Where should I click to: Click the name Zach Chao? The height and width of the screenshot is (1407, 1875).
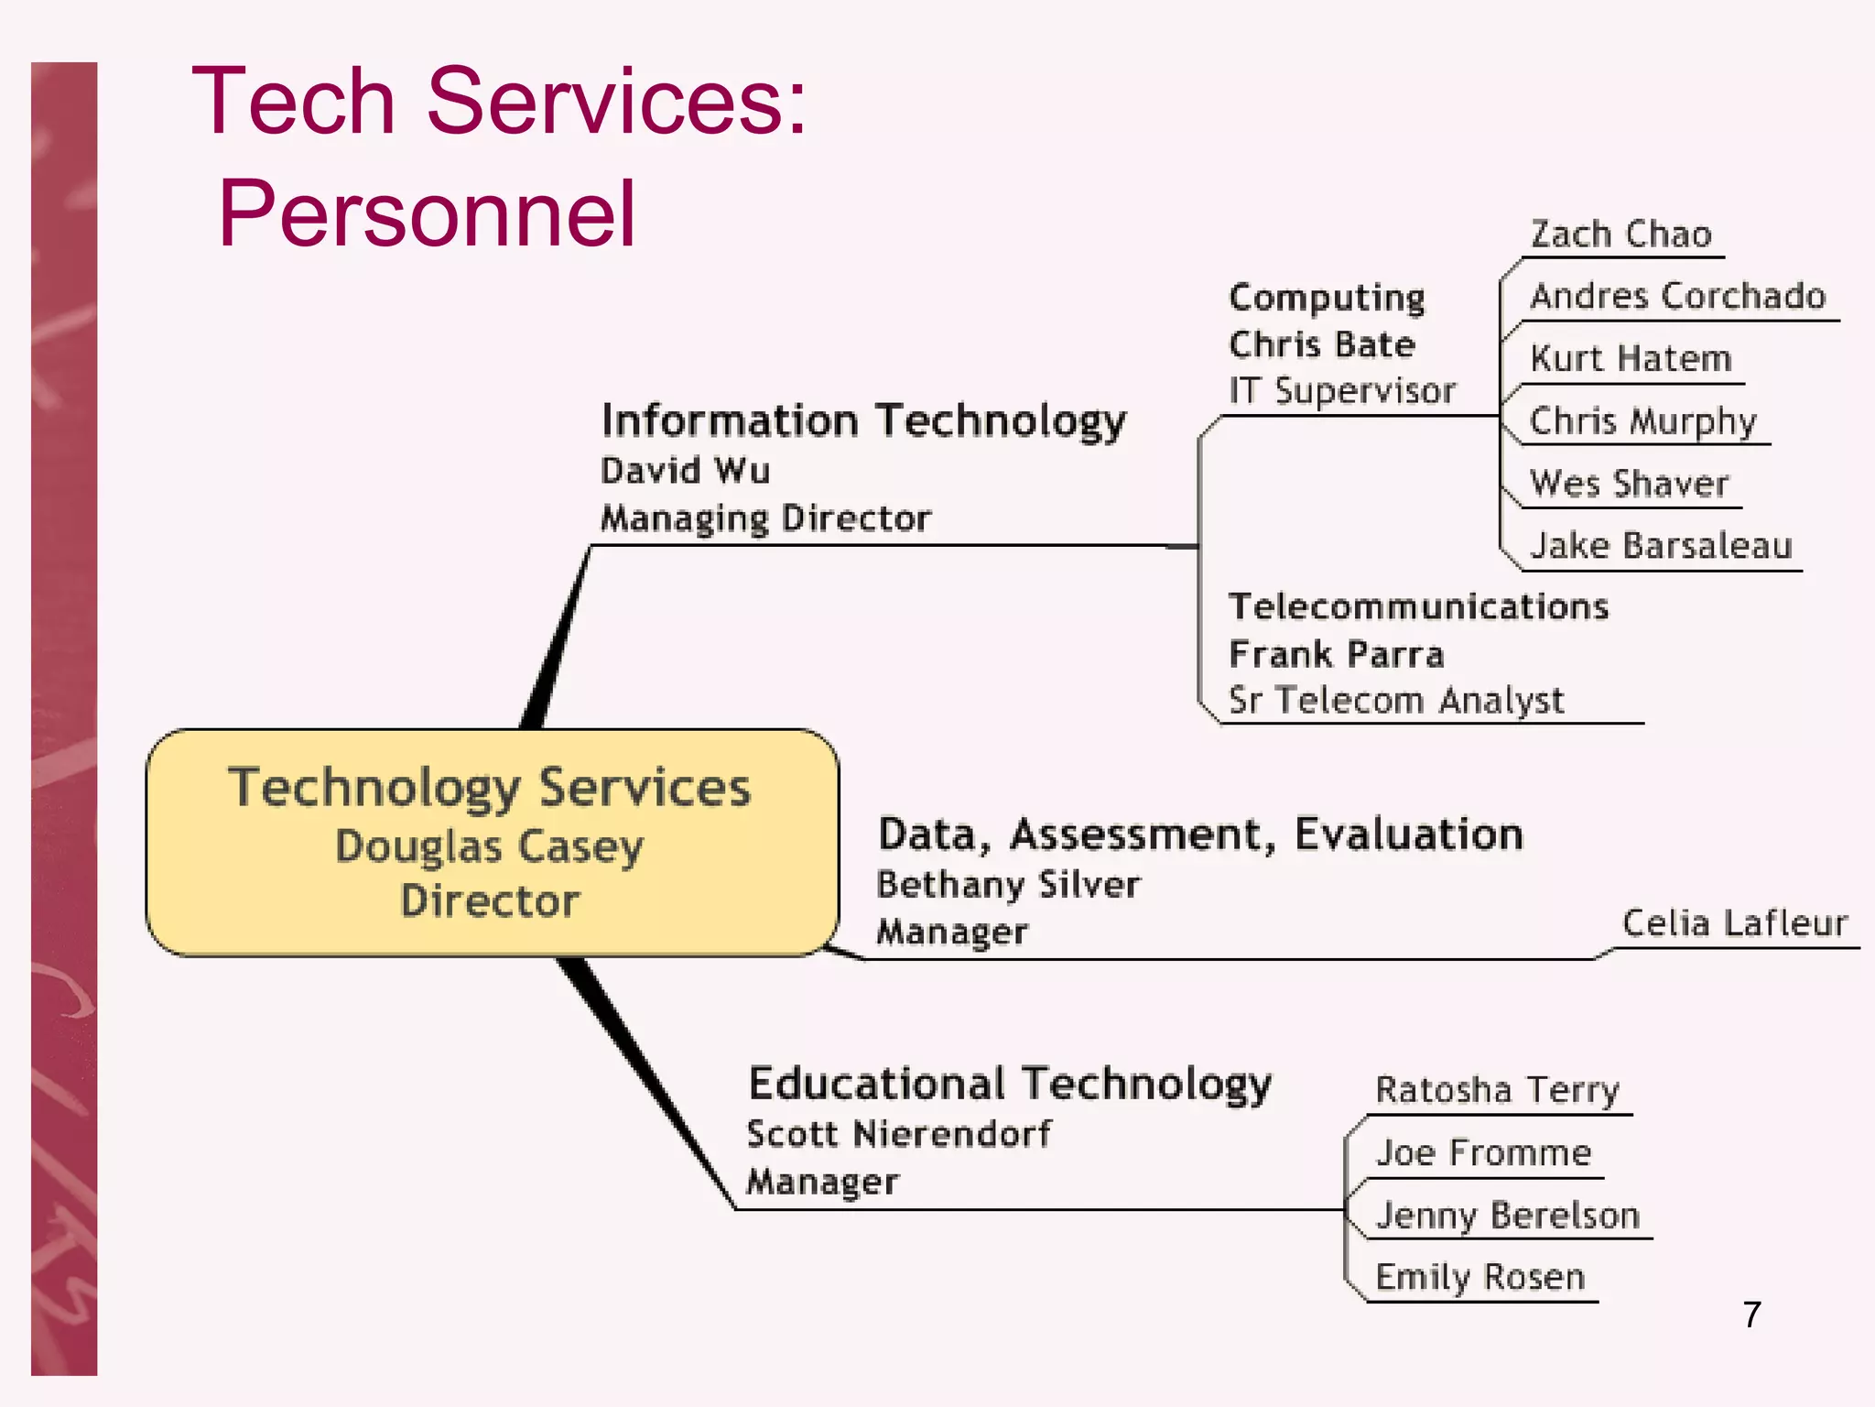tap(1620, 234)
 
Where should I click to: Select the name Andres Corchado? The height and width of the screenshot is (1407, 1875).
tap(1677, 296)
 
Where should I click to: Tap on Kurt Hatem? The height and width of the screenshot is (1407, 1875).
tap(1631, 358)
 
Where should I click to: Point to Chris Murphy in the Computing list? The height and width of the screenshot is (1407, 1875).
tap(1642, 421)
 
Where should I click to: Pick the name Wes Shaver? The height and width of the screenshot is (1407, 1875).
tap(1629, 484)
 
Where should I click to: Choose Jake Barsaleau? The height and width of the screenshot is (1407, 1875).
tap(1660, 546)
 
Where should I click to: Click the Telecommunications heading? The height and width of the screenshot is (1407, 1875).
tap(1418, 607)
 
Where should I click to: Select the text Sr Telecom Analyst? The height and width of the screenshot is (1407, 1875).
tap(1396, 701)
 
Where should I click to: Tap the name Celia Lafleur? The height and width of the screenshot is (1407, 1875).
tap(1734, 923)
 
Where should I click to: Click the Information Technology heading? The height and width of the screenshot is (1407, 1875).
tap(862, 421)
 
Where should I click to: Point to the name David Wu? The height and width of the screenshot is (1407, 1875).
tap(685, 471)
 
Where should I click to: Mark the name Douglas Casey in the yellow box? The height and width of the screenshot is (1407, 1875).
tap(490, 846)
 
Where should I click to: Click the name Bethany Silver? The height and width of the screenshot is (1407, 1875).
tap(1008, 885)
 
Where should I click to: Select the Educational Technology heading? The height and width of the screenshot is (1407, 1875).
tap(1010, 1084)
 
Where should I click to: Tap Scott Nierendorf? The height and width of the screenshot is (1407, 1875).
tap(899, 1134)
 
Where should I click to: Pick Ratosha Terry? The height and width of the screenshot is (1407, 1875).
tap(1497, 1090)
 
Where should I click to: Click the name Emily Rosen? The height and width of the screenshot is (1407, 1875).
tap(1479, 1277)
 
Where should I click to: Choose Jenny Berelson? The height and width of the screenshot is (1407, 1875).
tap(1507, 1216)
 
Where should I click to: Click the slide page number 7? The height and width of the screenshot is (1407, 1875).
tap(1751, 1314)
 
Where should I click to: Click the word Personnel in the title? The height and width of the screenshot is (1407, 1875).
tap(427, 213)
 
